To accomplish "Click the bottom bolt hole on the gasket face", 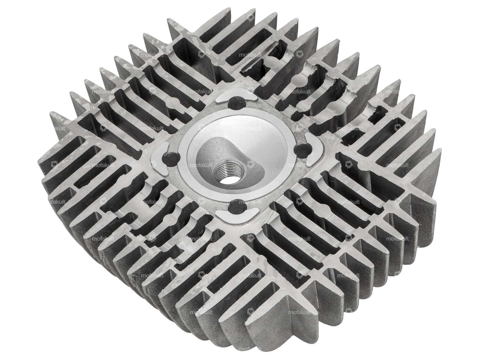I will (x=234, y=206).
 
